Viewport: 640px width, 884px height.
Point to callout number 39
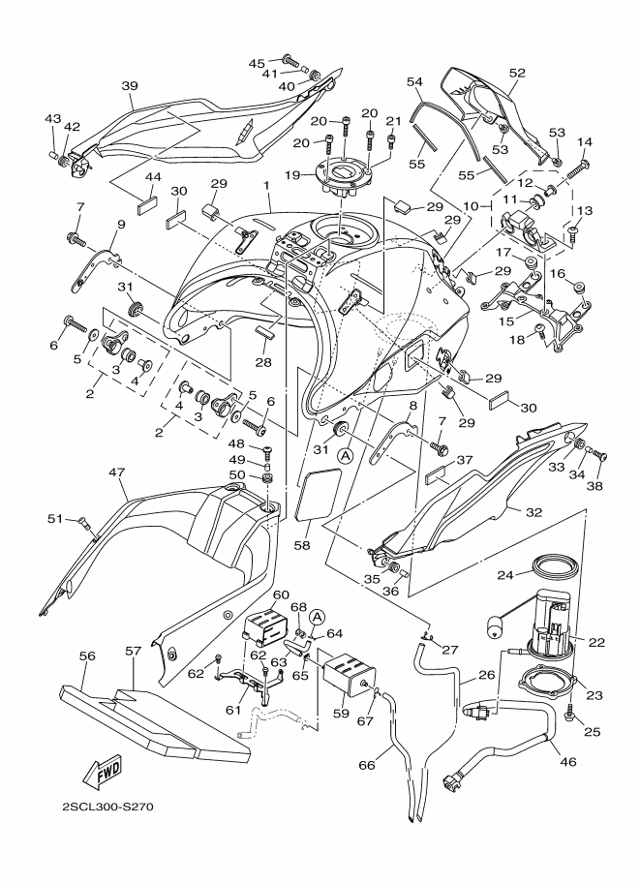(x=129, y=85)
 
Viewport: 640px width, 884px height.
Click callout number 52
(x=516, y=73)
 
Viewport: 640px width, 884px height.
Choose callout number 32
(x=534, y=510)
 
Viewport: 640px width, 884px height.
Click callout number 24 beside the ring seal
(x=504, y=574)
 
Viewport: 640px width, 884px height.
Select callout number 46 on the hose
(x=566, y=762)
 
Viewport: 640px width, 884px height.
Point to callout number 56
(x=86, y=655)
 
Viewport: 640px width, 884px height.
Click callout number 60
(x=281, y=595)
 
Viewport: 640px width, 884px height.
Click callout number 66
(x=367, y=765)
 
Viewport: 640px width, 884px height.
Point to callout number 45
(x=256, y=63)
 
